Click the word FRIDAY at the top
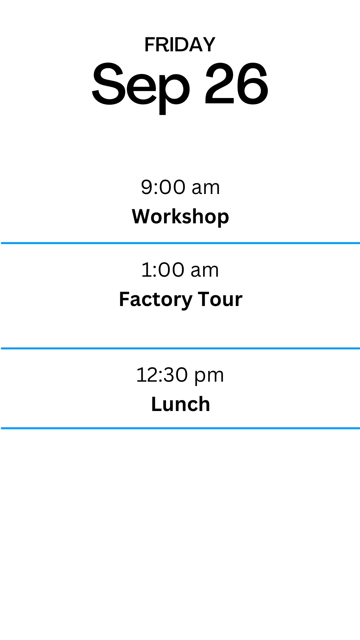click(x=180, y=45)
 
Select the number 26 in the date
click(x=236, y=84)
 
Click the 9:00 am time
click(x=180, y=187)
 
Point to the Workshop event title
click(x=180, y=217)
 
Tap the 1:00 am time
click(x=180, y=270)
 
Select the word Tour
click(x=220, y=299)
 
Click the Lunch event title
click(x=180, y=404)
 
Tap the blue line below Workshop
click(x=180, y=243)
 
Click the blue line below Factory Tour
click(x=180, y=348)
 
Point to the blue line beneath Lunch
click(x=180, y=428)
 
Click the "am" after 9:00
click(x=206, y=188)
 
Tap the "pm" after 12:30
click(x=209, y=378)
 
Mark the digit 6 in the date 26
click(x=253, y=84)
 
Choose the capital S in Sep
click(x=108, y=84)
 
